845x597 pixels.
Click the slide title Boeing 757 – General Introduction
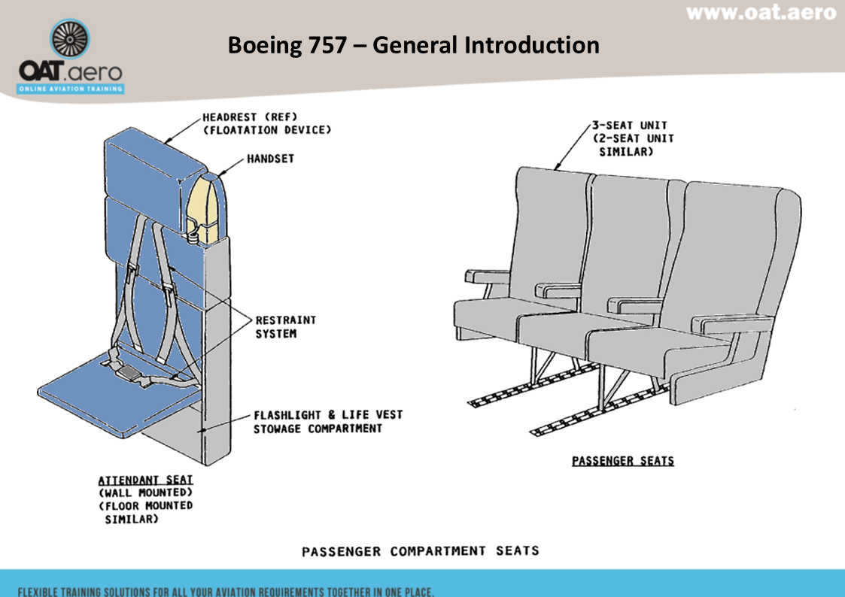click(x=413, y=45)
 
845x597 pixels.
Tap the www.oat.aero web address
click(x=761, y=13)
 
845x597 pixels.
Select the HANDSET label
click(x=270, y=159)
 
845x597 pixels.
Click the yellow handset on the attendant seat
click(x=204, y=204)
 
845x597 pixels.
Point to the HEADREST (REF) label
click(x=251, y=117)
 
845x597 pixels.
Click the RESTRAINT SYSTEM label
click(x=286, y=326)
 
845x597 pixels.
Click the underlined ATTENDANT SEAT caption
click(x=145, y=480)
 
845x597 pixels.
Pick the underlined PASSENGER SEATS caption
click(x=622, y=460)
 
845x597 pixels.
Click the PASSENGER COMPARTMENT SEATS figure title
click(x=420, y=551)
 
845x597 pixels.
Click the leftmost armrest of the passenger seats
click(x=488, y=276)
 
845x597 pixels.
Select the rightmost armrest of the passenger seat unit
click(x=733, y=324)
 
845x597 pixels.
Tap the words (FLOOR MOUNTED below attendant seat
click(x=147, y=505)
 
